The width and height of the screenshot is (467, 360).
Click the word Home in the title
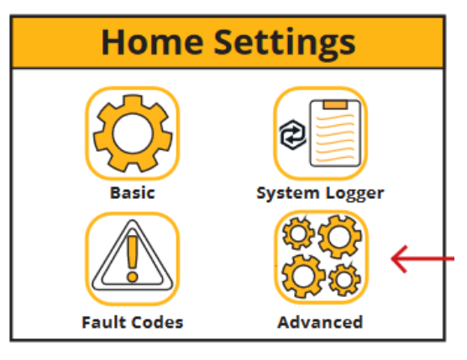[152, 42]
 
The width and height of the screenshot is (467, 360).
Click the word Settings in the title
[285, 44]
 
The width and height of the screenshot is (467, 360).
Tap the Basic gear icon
[133, 133]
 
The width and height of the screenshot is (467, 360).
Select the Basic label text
[133, 193]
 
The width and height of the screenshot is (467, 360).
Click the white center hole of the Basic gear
[133, 133]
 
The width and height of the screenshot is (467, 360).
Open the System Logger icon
[321, 133]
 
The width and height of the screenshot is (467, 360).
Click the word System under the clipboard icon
[288, 194]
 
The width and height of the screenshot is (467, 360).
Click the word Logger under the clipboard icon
[355, 194]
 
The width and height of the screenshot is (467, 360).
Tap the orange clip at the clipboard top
[335, 104]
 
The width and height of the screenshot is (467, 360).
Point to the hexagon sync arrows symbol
[293, 134]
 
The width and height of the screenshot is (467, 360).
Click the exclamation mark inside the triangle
[133, 258]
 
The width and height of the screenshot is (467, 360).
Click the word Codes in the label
[158, 322]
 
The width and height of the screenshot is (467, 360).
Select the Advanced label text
[321, 322]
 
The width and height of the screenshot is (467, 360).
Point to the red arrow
[422, 259]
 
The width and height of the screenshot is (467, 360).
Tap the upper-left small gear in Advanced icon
[298, 233]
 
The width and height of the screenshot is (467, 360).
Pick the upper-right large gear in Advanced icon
[340, 237]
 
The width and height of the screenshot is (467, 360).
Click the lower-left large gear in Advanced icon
[303, 276]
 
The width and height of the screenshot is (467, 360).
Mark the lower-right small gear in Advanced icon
[344, 279]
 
